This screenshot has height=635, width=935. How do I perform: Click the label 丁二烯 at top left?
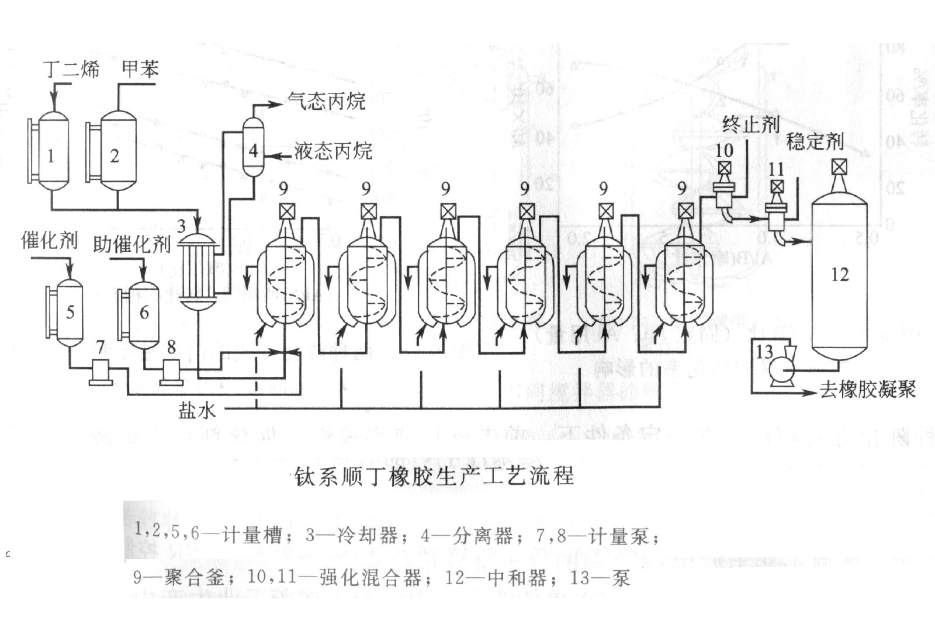pos(72,70)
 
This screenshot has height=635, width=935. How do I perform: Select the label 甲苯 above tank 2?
pos(140,69)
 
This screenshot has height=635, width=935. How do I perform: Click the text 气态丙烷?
pos(327,101)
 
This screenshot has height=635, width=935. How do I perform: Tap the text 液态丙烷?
pos(333,151)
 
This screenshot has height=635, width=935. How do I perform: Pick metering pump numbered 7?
pos(101,372)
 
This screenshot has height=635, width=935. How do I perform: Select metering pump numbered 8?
pos(172,372)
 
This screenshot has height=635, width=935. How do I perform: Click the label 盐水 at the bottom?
pos(197,411)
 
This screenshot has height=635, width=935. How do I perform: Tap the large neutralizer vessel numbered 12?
pos(840,275)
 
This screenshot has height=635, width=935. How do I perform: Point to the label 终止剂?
pos(751,124)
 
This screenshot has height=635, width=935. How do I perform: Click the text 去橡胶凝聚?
pos(867,390)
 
